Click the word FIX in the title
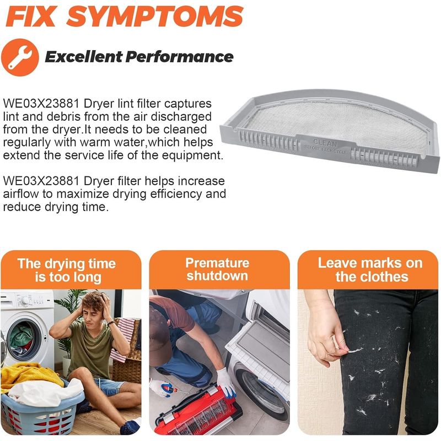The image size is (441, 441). [x=30, y=17]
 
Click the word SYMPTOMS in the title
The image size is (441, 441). [x=154, y=17]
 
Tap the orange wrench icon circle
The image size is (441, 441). [x=20, y=57]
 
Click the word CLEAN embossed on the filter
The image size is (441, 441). [x=325, y=143]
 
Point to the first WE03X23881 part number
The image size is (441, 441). [x=41, y=104]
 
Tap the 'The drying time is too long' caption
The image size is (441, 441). [x=67, y=270]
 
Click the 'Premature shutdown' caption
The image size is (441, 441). [x=217, y=269]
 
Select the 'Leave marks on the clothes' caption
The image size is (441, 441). [x=370, y=270]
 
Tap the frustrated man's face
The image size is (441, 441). [x=92, y=311]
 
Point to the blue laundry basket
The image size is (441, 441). [x=42, y=411]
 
